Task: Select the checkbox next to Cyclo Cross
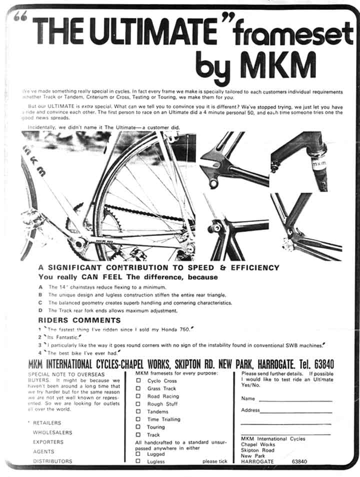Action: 138,381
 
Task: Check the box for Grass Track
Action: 138,388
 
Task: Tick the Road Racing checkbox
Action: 138,396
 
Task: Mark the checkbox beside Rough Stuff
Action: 138,404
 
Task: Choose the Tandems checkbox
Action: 138,411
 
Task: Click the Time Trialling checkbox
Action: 138,419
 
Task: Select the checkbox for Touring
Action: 138,427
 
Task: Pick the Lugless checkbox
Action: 138,461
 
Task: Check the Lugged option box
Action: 138,454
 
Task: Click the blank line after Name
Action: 295,400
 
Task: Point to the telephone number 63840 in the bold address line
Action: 320,364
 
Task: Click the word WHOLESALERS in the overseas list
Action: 52,432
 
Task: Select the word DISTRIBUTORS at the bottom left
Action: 52,461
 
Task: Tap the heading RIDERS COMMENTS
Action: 79,320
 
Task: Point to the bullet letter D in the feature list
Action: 40,310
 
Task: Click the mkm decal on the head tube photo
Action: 319,163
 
